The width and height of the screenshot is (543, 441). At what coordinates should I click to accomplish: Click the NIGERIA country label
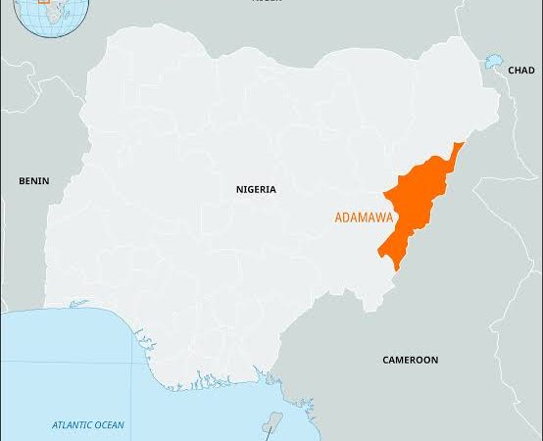coord(256,189)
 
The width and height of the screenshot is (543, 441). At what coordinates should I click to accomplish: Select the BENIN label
coord(33,181)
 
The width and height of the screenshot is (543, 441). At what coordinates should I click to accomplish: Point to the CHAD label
coord(521,71)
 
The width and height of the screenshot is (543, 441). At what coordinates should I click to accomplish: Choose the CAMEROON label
coord(410,361)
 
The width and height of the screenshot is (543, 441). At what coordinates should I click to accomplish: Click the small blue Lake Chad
coord(493,63)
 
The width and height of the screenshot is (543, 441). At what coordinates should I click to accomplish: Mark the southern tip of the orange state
coord(395,267)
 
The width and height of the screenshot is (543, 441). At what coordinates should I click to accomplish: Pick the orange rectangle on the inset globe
coord(43,2)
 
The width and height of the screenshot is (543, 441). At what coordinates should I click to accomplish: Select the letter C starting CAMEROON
coord(385,361)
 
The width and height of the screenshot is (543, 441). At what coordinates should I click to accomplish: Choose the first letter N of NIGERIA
coord(239,189)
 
